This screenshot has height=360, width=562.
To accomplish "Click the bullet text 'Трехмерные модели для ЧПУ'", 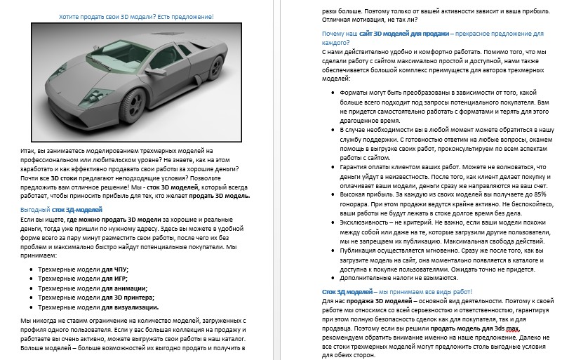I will click(x=83, y=269).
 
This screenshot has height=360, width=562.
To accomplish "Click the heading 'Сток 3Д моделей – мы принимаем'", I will click(x=397, y=290).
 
